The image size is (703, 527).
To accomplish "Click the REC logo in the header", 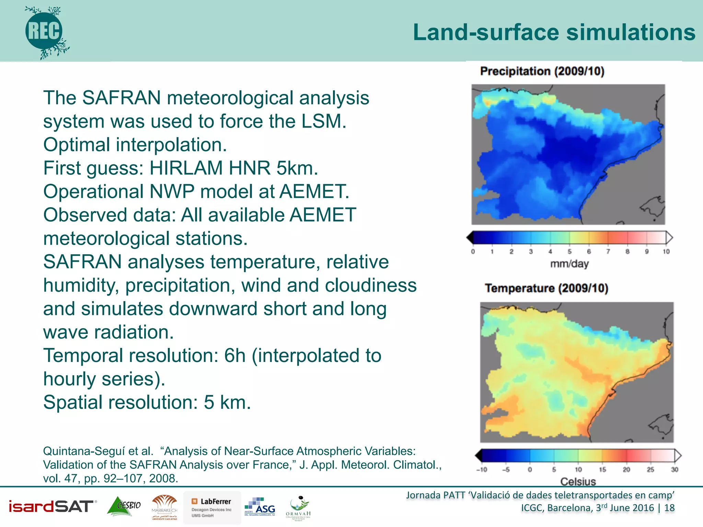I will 44,32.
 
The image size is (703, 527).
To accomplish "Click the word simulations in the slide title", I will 631,32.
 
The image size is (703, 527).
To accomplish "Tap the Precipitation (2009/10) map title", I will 542,71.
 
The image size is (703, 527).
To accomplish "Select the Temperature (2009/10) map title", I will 546,288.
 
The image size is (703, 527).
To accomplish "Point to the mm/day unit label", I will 569,264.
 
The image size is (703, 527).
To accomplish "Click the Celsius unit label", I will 578,481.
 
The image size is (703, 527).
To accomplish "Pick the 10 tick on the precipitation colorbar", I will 666,251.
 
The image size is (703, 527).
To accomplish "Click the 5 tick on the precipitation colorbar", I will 569,251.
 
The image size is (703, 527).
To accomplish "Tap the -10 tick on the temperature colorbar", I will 482,469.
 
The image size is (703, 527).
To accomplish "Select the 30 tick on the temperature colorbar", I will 675,469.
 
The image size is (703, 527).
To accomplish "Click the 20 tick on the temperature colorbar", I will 626,469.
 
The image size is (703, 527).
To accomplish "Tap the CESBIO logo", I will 124,506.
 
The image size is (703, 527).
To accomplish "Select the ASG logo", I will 260,507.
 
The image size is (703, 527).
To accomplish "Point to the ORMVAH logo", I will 298,508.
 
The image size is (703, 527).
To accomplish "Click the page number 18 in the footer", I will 669,508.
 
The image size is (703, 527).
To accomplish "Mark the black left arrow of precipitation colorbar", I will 470,237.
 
